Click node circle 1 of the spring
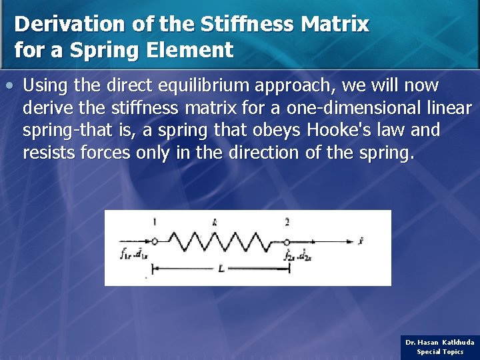click(x=154, y=241)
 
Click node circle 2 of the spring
click(x=287, y=241)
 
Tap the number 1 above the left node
click(x=154, y=221)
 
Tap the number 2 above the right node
click(x=287, y=221)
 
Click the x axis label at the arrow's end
click(x=361, y=241)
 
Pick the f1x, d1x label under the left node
click(x=135, y=254)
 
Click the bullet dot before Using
click(x=9, y=86)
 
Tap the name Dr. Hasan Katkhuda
click(x=440, y=342)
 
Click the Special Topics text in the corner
click(x=440, y=351)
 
